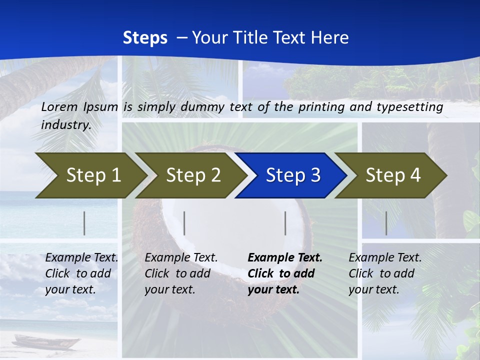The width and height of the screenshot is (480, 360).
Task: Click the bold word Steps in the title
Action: [145, 38]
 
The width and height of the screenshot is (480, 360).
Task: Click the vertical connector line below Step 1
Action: [84, 223]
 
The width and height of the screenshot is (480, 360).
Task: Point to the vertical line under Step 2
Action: [184, 223]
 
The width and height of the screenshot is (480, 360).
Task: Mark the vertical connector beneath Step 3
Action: [285, 223]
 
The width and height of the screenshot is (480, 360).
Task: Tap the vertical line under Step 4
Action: [386, 223]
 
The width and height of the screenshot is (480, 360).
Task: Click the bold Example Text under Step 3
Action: [285, 258]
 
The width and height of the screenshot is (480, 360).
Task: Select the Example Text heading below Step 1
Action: [81, 258]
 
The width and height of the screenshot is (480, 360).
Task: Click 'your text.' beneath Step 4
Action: [373, 289]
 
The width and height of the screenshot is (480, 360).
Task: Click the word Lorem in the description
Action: [59, 107]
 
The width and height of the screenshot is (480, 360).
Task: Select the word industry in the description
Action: [65, 125]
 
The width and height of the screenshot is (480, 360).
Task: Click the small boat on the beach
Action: [45, 342]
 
